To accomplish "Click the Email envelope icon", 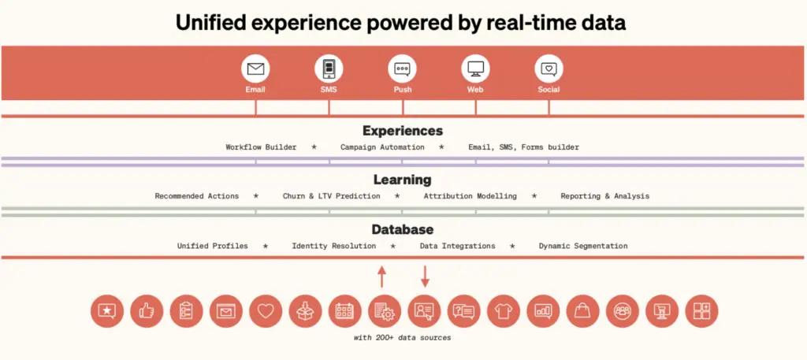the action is pos(255,69).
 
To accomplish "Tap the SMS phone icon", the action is pos(329,69).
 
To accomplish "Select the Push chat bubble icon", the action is pos(402,69).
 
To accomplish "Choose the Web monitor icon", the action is pos(475,69).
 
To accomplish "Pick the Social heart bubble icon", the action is pos(549,69).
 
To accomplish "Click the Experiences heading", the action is pos(403,131).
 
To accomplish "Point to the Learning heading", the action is pos(403,180).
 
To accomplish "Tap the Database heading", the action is pos(403,229).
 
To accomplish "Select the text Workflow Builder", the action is pos(261,147).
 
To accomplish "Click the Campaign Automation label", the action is pos(382,147).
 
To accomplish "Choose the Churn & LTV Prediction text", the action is pos(331,196).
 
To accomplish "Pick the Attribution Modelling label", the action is pos(470,196).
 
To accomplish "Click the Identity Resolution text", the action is pos(333,246).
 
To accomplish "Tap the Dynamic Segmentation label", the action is pos(583,246).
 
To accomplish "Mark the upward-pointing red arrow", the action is pos(382,276).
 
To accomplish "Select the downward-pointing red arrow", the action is pos(424,276).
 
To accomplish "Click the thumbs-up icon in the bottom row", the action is pos(147,311).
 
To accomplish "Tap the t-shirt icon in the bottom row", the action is pos(503,311).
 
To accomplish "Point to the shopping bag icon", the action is pos(582,311).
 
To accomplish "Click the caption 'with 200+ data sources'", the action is pos(403,338).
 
